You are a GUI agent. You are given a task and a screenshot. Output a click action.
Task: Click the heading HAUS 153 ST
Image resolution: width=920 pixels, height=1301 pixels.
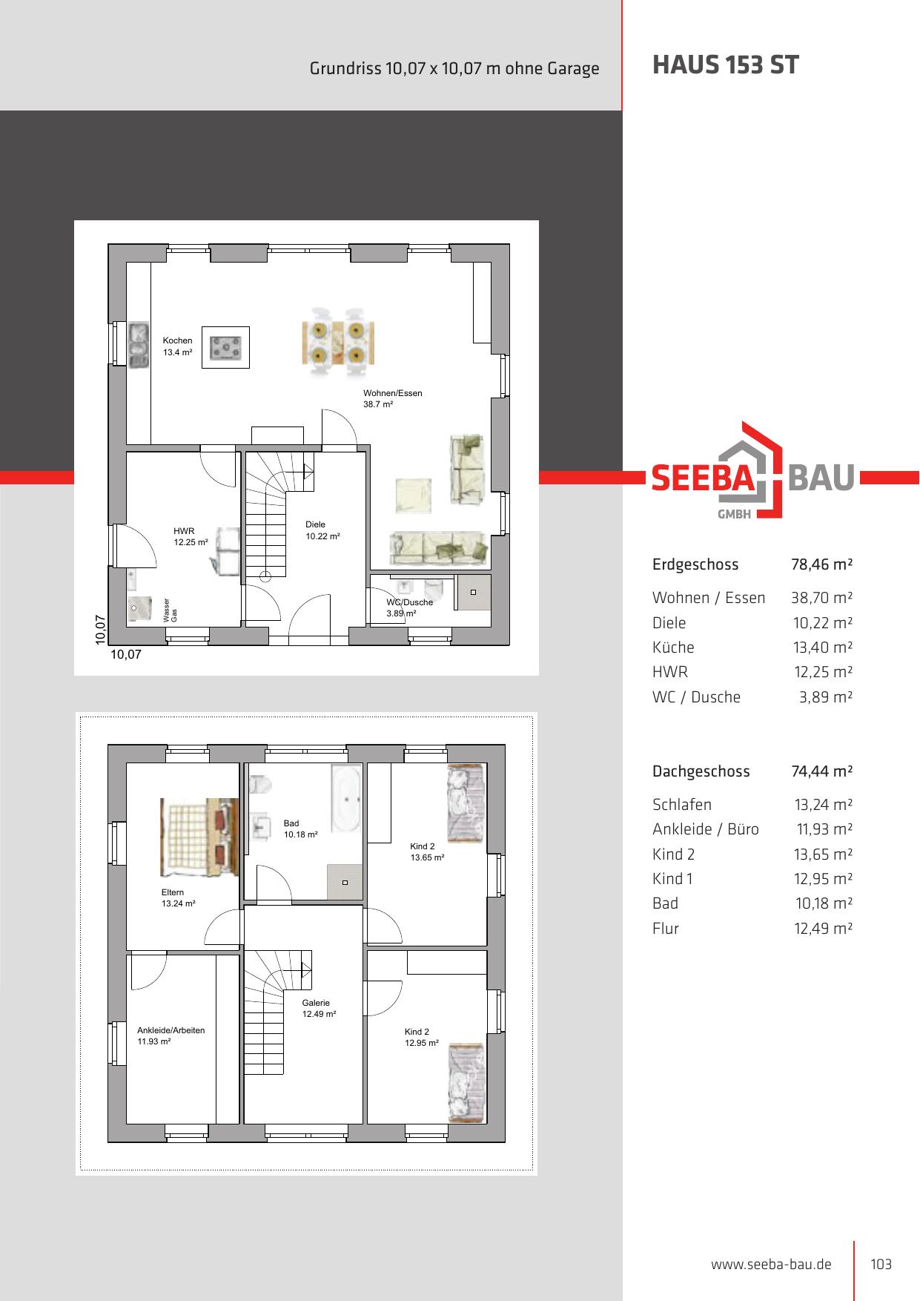point(725,65)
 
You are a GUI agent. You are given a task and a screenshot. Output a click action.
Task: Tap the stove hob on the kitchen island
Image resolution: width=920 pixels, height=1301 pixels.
point(226,347)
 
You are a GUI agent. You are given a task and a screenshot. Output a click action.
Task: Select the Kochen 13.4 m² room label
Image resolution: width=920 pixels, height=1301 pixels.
point(178,346)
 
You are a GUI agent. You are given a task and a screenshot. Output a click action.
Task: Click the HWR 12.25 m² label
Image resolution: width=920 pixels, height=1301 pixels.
point(191,536)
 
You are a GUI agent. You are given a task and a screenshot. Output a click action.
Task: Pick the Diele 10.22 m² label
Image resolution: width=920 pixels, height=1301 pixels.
point(322,530)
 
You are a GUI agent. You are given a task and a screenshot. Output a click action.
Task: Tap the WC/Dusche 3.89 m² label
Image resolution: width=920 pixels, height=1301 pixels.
point(409,607)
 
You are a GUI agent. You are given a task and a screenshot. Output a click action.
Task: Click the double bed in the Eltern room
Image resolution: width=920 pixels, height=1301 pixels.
point(199,837)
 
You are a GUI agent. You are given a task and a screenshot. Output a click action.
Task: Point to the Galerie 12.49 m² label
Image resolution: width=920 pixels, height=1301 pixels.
point(319,1008)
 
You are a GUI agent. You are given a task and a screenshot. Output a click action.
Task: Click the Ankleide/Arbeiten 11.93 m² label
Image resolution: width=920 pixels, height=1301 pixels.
point(171,1035)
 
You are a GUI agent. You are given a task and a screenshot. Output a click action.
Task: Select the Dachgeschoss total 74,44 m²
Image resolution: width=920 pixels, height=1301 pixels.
point(822,771)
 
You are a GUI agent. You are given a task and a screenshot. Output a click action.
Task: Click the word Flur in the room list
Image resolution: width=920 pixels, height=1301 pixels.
point(666,929)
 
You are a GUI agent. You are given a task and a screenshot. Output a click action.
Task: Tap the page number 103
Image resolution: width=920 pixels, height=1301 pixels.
point(881,1264)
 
